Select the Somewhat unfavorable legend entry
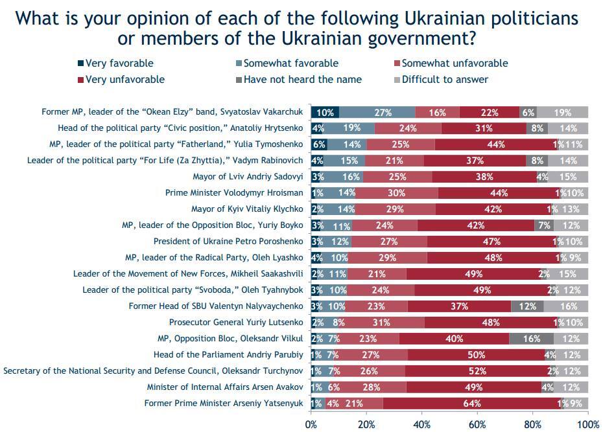click(455, 63)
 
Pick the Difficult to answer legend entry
click(445, 80)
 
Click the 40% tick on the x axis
click(422, 424)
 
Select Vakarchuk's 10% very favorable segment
click(325, 112)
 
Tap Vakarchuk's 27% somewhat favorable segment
click(377, 112)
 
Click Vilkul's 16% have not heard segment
click(532, 339)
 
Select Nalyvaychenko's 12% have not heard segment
click(527, 306)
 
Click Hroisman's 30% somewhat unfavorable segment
click(396, 193)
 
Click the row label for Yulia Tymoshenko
click(176, 144)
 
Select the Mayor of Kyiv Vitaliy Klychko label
click(247, 209)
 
